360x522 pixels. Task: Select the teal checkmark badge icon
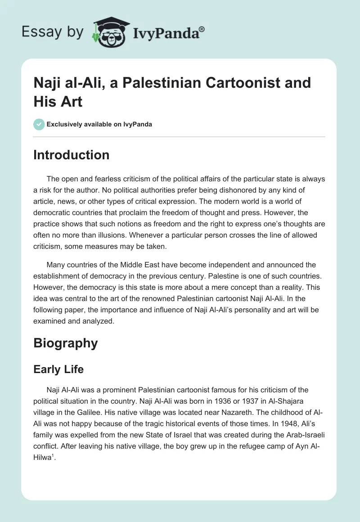tap(39, 124)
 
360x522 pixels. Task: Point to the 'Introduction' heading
tap(72, 155)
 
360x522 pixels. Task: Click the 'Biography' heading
tap(66, 343)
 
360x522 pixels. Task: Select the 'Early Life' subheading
tap(58, 369)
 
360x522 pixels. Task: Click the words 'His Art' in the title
tap(58, 102)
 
